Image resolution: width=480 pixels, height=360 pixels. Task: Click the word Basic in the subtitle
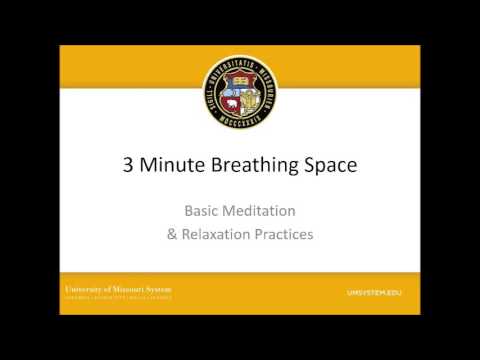(203, 212)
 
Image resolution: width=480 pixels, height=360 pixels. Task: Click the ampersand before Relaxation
(171, 236)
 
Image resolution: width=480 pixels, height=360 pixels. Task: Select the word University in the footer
(86, 288)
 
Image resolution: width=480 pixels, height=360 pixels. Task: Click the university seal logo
(240, 95)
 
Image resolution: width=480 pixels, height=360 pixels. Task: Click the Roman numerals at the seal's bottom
(240, 128)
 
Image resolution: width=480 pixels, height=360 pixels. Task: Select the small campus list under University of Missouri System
(119, 297)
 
